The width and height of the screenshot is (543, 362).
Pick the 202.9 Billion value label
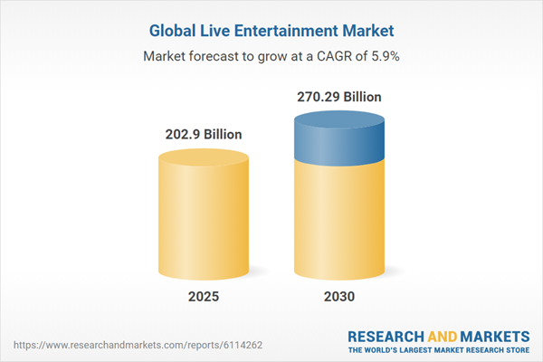tap(204, 134)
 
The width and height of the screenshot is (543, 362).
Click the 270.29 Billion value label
tap(339, 96)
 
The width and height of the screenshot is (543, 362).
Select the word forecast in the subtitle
tap(217, 56)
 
